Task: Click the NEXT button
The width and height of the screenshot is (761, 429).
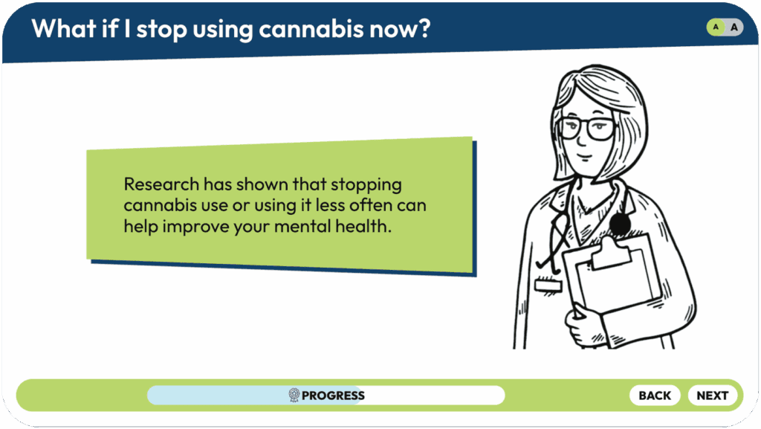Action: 713,396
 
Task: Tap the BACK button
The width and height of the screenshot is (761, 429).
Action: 655,396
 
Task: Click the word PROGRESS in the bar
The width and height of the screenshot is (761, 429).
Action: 333,396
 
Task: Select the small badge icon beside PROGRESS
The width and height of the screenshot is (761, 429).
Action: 294,395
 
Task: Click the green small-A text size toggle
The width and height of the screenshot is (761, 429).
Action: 716,28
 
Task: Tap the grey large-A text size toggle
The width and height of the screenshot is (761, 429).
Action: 734,28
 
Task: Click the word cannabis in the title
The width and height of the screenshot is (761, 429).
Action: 311,29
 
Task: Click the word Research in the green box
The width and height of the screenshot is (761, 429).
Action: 161,184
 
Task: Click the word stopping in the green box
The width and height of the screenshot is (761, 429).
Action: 366,185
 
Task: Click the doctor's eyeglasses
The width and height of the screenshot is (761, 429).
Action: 587,129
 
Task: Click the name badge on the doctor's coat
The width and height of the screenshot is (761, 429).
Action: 548,286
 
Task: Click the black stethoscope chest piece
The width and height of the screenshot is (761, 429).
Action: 620,225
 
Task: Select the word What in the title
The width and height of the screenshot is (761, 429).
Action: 64,28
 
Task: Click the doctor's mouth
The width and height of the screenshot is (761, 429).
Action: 585,157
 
